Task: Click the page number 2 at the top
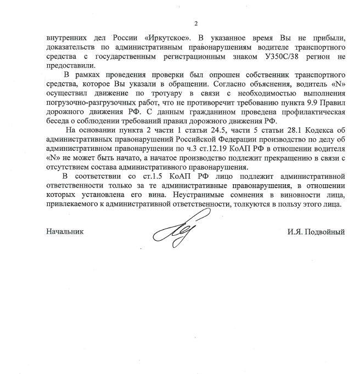[195, 23]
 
